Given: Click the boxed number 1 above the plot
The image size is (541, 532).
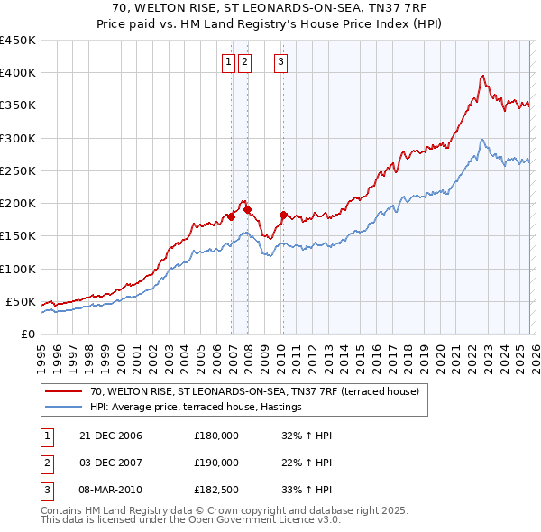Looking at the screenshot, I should click(227, 62).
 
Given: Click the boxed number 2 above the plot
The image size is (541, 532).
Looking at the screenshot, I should click(245, 62).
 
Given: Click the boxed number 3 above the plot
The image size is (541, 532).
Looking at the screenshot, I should click(280, 62).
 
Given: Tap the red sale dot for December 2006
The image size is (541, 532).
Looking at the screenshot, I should click(232, 216).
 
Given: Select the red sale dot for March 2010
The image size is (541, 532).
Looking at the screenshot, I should click(283, 215).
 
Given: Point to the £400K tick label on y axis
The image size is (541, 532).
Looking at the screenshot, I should click(17, 73).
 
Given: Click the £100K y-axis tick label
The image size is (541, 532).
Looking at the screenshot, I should click(17, 269).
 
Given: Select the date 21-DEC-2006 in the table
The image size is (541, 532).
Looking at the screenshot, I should click(110, 436).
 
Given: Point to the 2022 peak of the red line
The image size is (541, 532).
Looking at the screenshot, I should click(483, 76).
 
